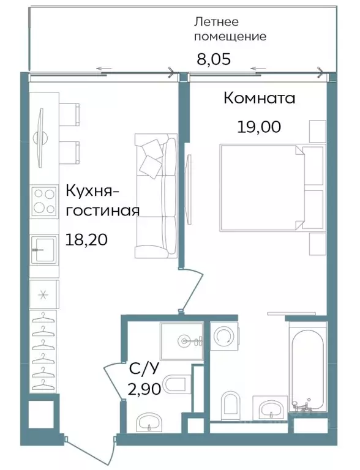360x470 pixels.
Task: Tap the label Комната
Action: (259, 99)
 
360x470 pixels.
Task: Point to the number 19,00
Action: (259, 127)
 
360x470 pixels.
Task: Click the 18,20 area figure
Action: (86, 239)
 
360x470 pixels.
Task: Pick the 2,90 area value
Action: (144, 389)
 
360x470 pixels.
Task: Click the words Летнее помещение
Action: (230, 29)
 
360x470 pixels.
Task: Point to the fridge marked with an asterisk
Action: (43, 294)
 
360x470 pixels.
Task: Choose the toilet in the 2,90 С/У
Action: (176, 384)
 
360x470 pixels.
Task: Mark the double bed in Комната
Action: (262, 187)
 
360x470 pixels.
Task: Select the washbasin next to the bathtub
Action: (269, 408)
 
